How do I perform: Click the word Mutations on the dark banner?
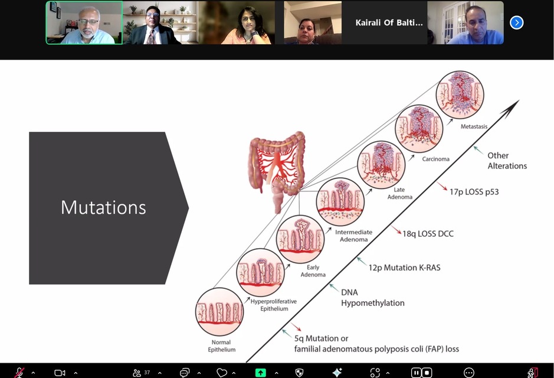(103, 207)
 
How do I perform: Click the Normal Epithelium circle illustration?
(219, 311)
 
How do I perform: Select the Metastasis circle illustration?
(460, 94)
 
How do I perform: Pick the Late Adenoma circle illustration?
(381, 165)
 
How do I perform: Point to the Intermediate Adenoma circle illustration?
(340, 202)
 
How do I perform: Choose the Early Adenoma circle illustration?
(300, 239)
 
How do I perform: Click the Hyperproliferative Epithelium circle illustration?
(260, 272)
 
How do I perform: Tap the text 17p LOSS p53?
(474, 192)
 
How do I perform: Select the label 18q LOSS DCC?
(428, 234)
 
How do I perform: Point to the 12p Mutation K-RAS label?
(404, 268)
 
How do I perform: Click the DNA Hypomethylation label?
(372, 298)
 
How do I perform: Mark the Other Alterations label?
(507, 161)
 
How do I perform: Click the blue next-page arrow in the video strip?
(516, 22)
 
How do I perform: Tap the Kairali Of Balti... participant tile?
(389, 22)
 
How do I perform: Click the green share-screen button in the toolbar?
(260, 373)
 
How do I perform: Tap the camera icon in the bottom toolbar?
(60, 373)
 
